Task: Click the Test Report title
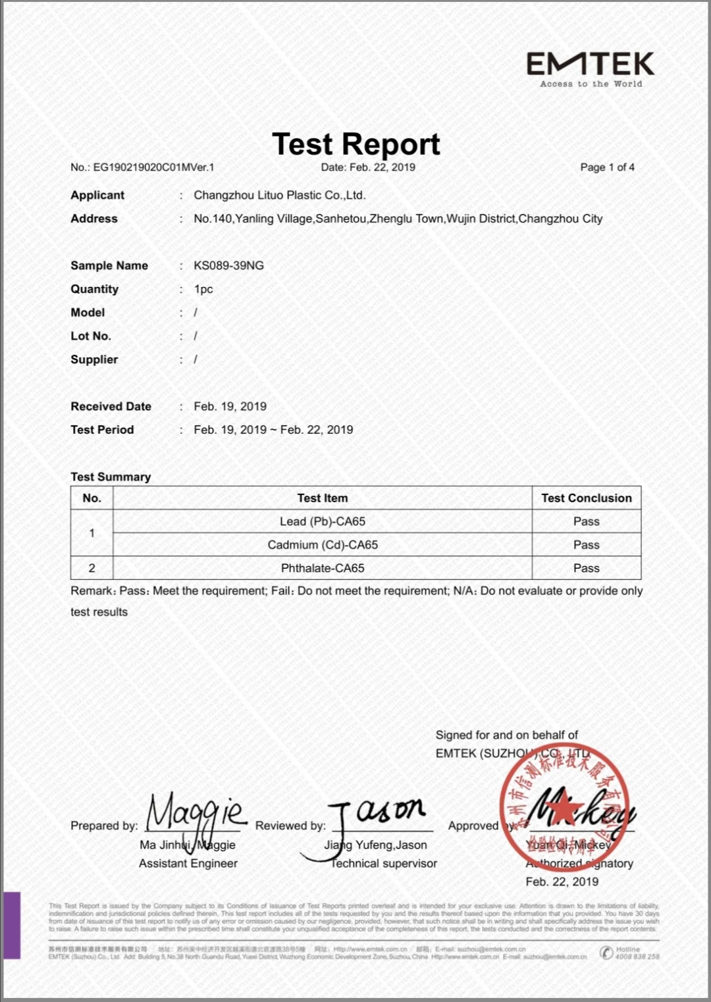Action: pyautogui.click(x=355, y=144)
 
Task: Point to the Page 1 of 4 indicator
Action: pyautogui.click(x=607, y=167)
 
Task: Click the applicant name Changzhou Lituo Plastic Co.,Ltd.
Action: pyautogui.click(x=279, y=195)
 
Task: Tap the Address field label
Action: pyautogui.click(x=94, y=219)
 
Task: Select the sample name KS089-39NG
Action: pyautogui.click(x=228, y=265)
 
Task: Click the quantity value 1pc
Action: pyautogui.click(x=203, y=289)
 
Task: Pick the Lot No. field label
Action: pyautogui.click(x=91, y=336)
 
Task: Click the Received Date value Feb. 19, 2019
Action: pyautogui.click(x=230, y=406)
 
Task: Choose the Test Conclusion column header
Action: pyautogui.click(x=586, y=498)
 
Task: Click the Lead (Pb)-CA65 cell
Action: pyautogui.click(x=322, y=521)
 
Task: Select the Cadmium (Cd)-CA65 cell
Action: pyautogui.click(x=322, y=544)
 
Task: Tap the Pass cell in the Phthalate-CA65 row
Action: pyautogui.click(x=586, y=568)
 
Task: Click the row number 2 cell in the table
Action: pyautogui.click(x=92, y=568)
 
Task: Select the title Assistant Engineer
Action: pyautogui.click(x=188, y=863)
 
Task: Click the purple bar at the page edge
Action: pyautogui.click(x=12, y=925)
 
